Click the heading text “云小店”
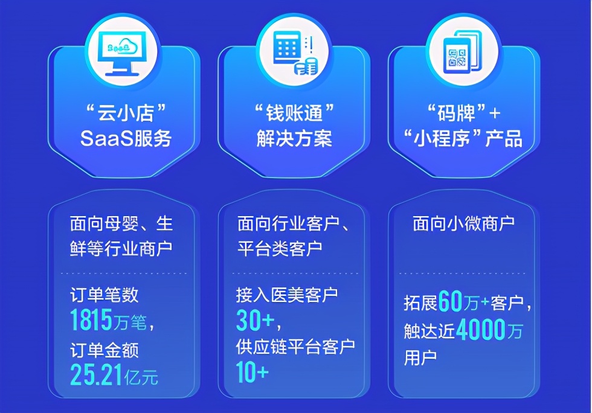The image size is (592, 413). [126, 113]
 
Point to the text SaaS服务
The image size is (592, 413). [126, 139]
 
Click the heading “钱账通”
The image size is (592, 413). [294, 113]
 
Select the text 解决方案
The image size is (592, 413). [294, 139]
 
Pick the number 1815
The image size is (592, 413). [91, 321]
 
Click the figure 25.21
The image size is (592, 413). [95, 375]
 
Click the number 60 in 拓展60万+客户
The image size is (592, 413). [450, 303]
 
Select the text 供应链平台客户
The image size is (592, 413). [295, 347]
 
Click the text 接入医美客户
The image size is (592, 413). [287, 295]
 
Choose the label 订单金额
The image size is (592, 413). [105, 350]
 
